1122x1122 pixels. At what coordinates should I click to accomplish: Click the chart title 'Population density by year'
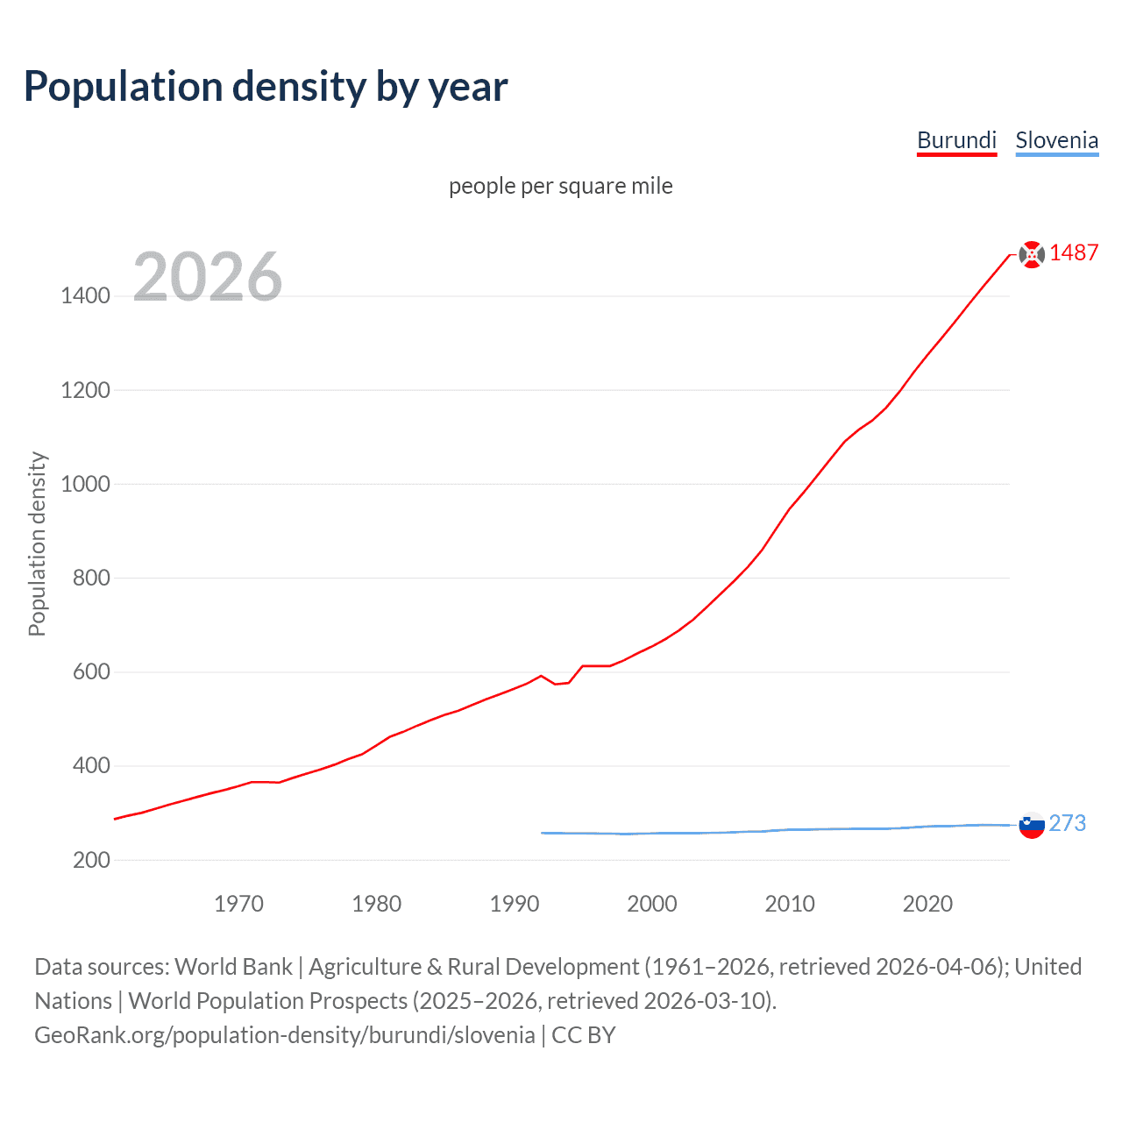pos(266,87)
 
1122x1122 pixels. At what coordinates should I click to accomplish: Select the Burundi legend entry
pos(956,140)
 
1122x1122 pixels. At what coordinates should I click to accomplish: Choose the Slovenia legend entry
pos(1056,140)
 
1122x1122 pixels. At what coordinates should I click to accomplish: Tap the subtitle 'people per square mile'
pos(560,187)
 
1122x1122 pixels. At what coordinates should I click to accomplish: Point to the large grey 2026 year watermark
pos(208,277)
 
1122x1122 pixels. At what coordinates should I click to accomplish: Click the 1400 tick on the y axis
pos(85,296)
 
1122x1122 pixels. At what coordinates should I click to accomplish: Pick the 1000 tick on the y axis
pos(85,484)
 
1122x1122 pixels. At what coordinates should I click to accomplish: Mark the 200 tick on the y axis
pos(91,860)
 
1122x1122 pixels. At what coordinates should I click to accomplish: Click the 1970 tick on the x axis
pos(238,904)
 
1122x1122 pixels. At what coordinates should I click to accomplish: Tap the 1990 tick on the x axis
pos(515,904)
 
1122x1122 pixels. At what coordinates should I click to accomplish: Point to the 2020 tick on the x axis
pos(927,904)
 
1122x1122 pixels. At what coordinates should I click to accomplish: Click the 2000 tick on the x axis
pos(652,904)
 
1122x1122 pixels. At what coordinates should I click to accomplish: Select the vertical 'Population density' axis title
pos(37,543)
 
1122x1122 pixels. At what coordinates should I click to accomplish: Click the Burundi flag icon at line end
pos(1032,254)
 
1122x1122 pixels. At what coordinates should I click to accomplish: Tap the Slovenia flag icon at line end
pos(1032,825)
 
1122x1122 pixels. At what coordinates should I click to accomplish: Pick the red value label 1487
pos(1074,253)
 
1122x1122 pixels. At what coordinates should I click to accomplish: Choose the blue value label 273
pos(1067,824)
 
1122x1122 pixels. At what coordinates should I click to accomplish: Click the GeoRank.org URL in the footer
pos(284,1035)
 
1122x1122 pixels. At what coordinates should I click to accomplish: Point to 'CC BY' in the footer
pos(584,1035)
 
